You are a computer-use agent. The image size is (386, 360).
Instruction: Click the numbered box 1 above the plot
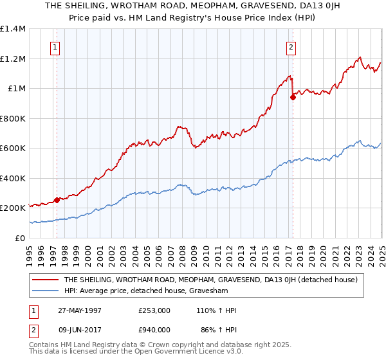coord(55,46)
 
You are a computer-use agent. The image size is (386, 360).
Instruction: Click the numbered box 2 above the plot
coord(291,46)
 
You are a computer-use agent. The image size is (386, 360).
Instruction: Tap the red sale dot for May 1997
coord(57,200)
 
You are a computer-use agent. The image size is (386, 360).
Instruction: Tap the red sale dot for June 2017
coord(293,98)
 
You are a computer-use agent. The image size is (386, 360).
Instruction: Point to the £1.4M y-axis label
coord(13,29)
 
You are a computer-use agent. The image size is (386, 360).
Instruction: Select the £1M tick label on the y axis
coord(16,89)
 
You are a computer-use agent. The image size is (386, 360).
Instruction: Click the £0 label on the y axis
coord(21,238)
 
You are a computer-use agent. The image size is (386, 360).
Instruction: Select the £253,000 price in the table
coord(154,310)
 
